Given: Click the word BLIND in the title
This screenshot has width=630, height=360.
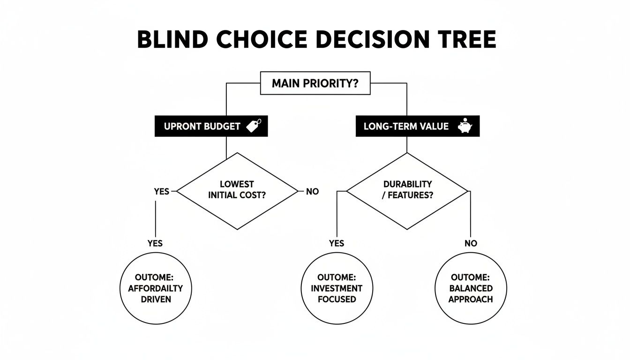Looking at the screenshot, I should tap(171, 39).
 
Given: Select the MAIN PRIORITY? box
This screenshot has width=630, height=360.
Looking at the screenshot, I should tap(315, 84).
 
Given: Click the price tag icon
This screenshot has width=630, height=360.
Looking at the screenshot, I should tap(254, 126).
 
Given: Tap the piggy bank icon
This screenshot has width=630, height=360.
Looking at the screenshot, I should tap(465, 126).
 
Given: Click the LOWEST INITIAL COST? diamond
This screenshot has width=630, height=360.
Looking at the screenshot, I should tap(237, 190).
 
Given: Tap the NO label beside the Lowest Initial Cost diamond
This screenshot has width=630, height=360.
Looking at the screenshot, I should tap(312, 192).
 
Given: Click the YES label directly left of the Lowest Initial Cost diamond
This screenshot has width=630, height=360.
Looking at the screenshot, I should tap(161, 192).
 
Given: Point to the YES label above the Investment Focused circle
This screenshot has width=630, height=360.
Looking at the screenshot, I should tap(336, 243).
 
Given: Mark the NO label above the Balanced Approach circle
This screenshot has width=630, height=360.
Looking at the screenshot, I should tap(471, 243).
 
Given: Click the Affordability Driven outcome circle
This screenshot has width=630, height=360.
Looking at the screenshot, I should tap(155, 288).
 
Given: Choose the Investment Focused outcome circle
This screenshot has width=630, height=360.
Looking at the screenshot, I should tap(337, 288).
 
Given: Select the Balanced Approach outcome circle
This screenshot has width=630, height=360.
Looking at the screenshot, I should tap(471, 288).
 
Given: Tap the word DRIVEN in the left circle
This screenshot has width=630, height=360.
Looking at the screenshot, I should tap(155, 299).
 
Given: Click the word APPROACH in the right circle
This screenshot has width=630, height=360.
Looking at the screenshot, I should tap(471, 299).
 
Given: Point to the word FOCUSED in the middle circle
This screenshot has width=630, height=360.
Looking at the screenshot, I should tap(337, 299).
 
